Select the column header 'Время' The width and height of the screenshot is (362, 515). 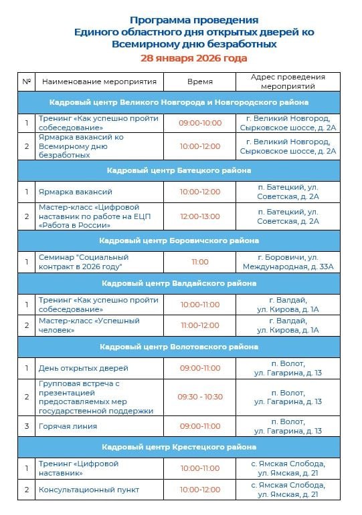point(199,81)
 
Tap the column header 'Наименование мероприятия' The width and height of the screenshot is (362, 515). point(99,81)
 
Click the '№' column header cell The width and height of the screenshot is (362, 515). point(27,81)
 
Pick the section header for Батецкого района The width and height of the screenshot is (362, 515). point(179,171)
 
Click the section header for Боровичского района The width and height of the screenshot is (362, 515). point(179,240)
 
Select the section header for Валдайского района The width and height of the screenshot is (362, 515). point(179,283)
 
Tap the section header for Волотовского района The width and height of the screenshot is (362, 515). point(179,347)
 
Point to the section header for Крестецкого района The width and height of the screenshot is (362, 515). point(179,446)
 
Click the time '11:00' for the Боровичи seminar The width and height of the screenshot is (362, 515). point(199,262)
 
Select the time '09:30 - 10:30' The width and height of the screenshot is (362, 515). point(199,397)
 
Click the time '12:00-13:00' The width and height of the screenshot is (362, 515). point(199,216)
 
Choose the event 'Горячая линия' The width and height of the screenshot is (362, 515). point(68,426)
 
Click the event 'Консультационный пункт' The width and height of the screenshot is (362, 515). point(89,490)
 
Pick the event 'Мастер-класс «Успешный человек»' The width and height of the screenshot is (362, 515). point(89,325)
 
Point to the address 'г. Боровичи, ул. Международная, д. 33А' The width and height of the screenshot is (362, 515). point(288,262)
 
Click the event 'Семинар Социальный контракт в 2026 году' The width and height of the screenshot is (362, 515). point(84,262)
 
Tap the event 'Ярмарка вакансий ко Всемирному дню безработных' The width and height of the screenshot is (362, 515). point(81,146)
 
